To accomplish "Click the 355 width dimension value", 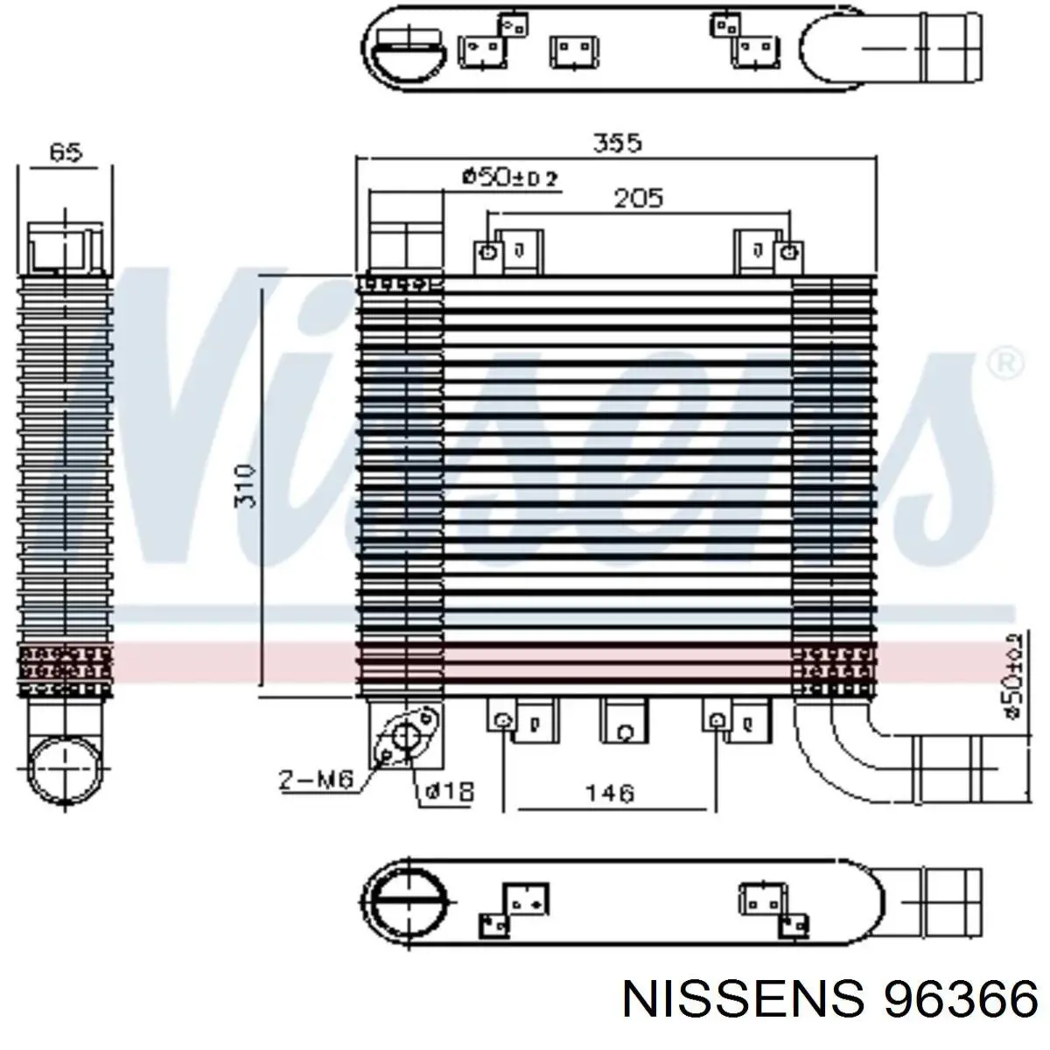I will coord(618,143).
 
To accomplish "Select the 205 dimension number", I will coord(638,199).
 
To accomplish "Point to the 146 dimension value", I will coord(609,793).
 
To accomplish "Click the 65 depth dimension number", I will coord(66,152).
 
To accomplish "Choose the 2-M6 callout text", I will coord(315,779).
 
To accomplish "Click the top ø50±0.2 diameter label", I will coord(510,178).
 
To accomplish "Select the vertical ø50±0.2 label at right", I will coord(1013,675).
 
